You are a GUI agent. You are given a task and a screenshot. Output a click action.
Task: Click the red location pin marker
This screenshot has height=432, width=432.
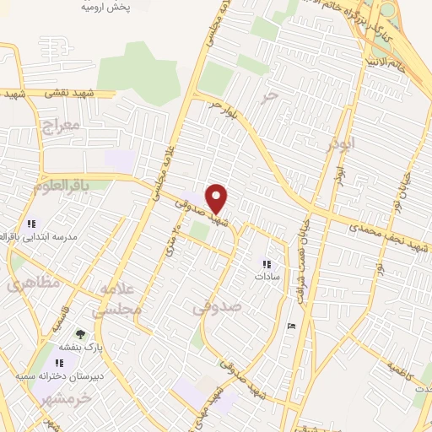pos(217,197)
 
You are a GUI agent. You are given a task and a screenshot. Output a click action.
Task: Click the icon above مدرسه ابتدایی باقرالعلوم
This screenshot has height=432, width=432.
pos(31,224)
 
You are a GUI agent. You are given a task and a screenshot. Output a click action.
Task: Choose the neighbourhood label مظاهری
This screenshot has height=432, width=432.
pos(34,283)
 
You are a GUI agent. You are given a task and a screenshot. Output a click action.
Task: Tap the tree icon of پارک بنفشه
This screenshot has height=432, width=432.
pos(81,335)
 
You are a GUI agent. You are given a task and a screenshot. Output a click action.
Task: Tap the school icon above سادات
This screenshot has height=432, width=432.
pos(267,264)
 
